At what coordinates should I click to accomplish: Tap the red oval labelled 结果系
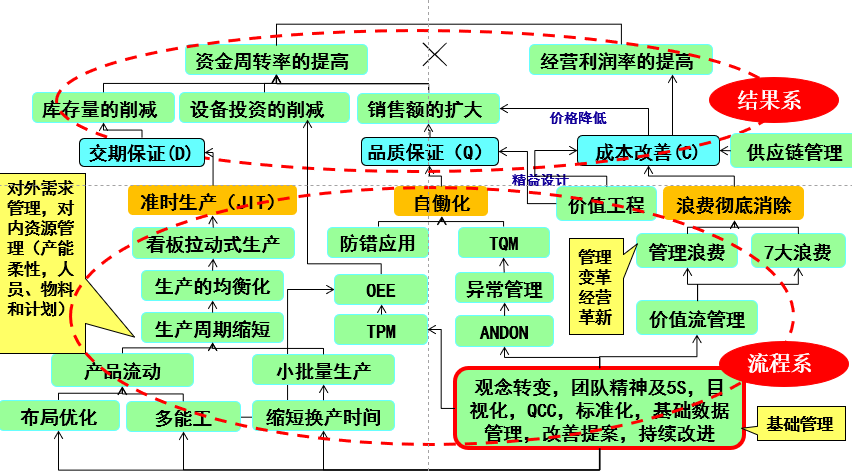(x=769, y=100)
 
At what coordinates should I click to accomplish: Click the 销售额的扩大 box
(x=425, y=108)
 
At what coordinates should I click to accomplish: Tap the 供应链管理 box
(x=787, y=153)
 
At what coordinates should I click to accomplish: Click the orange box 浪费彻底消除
(x=733, y=204)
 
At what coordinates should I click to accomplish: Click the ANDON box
(x=504, y=331)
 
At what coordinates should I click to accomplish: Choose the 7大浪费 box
(x=796, y=252)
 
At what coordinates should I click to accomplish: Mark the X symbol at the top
(x=433, y=53)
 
